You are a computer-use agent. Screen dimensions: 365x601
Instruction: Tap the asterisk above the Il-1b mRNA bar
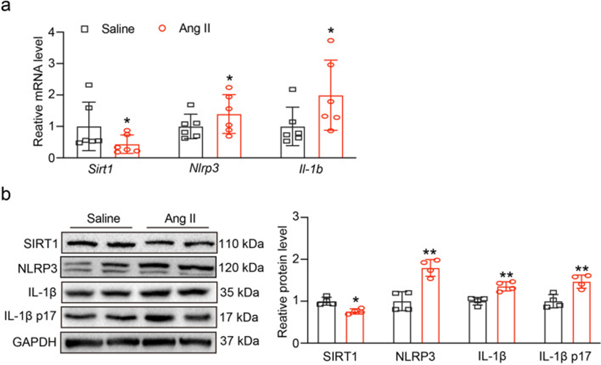(331, 30)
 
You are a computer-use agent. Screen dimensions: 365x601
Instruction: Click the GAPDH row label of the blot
(31, 342)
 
